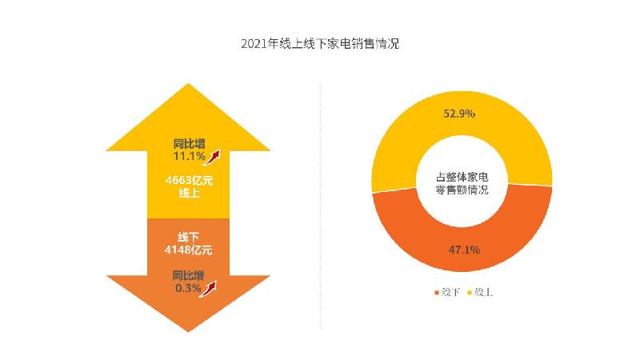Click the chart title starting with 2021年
point(319,44)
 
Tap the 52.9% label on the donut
point(459,114)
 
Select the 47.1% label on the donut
point(463,250)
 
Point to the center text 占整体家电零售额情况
point(462,183)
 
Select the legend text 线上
point(483,293)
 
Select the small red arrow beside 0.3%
point(210,287)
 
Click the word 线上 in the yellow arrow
point(188,193)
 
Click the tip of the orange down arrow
point(188,328)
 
